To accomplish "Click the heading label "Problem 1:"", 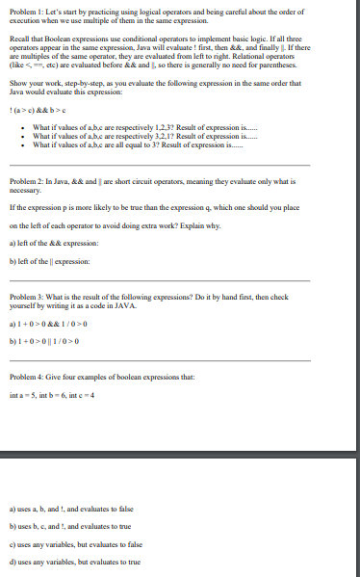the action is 26,7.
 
